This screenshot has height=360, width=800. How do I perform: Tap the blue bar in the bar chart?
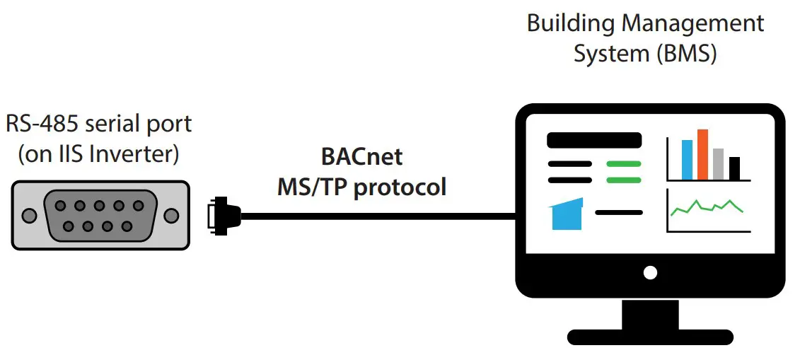pos(687,160)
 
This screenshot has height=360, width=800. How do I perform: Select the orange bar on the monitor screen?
pos(702,154)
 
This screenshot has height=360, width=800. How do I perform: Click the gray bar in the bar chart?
pos(719,164)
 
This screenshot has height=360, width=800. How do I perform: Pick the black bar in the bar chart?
pos(734,168)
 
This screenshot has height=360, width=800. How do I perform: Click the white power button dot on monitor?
pos(650,272)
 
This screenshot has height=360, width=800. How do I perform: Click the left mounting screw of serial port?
pos(28,215)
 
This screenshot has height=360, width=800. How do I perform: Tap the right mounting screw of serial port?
pos(172,215)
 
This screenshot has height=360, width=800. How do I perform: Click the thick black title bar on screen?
pos(593,140)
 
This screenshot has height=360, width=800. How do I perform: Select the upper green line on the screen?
pos(623,163)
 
